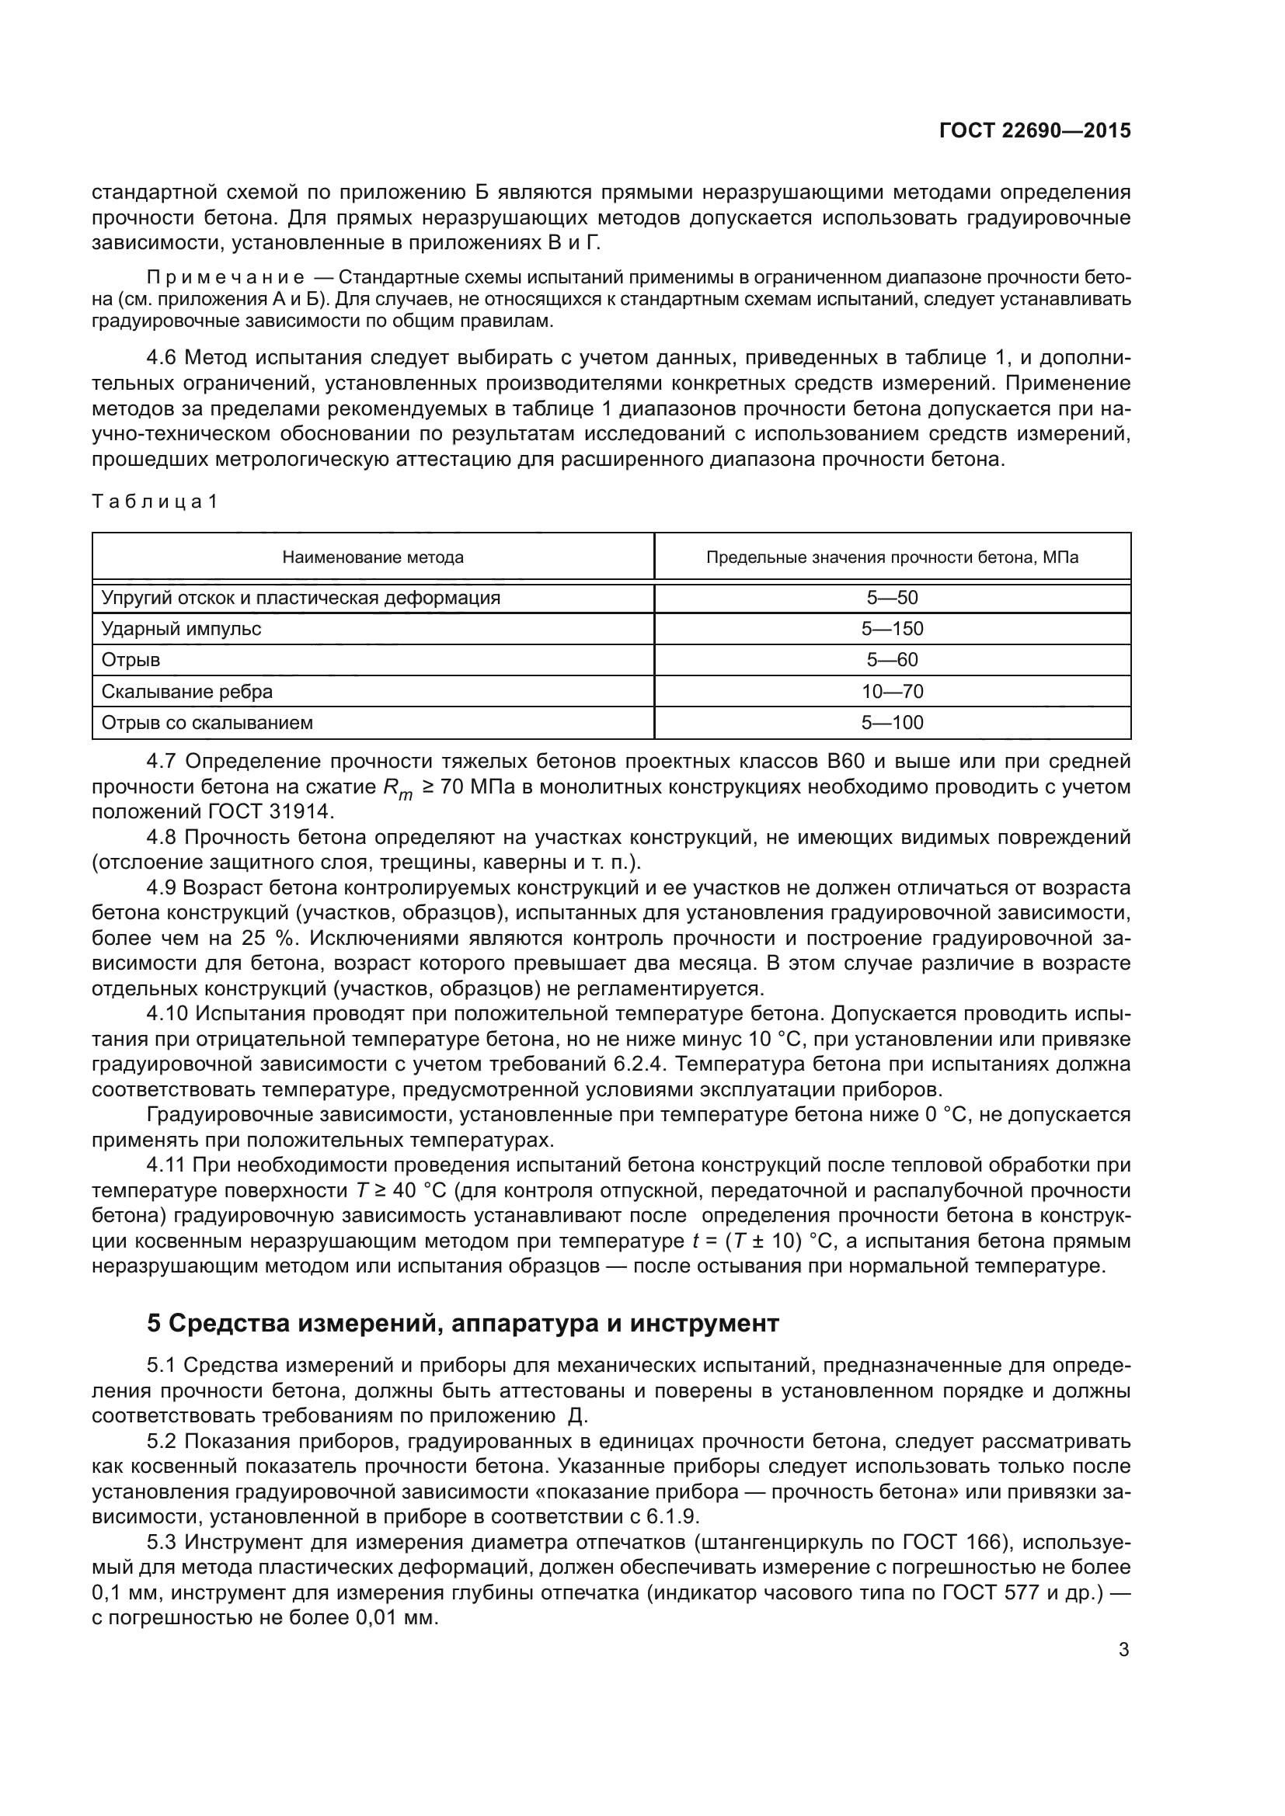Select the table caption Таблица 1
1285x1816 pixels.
[x=155, y=502]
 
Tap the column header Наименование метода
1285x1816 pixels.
[x=373, y=557]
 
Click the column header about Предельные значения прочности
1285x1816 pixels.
[x=892, y=557]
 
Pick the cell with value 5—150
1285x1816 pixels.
[x=892, y=629]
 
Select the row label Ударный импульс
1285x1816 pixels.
[x=181, y=629]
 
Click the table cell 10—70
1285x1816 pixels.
[x=892, y=691]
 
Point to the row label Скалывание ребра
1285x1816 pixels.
[x=186, y=691]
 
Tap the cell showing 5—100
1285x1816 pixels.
[x=892, y=722]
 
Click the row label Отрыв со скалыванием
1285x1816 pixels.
[x=207, y=722]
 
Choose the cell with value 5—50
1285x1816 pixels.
[x=892, y=598]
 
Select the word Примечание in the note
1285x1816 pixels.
[x=225, y=278]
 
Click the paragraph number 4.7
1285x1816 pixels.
[x=162, y=762]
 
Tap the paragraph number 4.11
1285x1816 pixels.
[x=166, y=1165]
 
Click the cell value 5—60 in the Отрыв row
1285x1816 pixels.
[x=892, y=660]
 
